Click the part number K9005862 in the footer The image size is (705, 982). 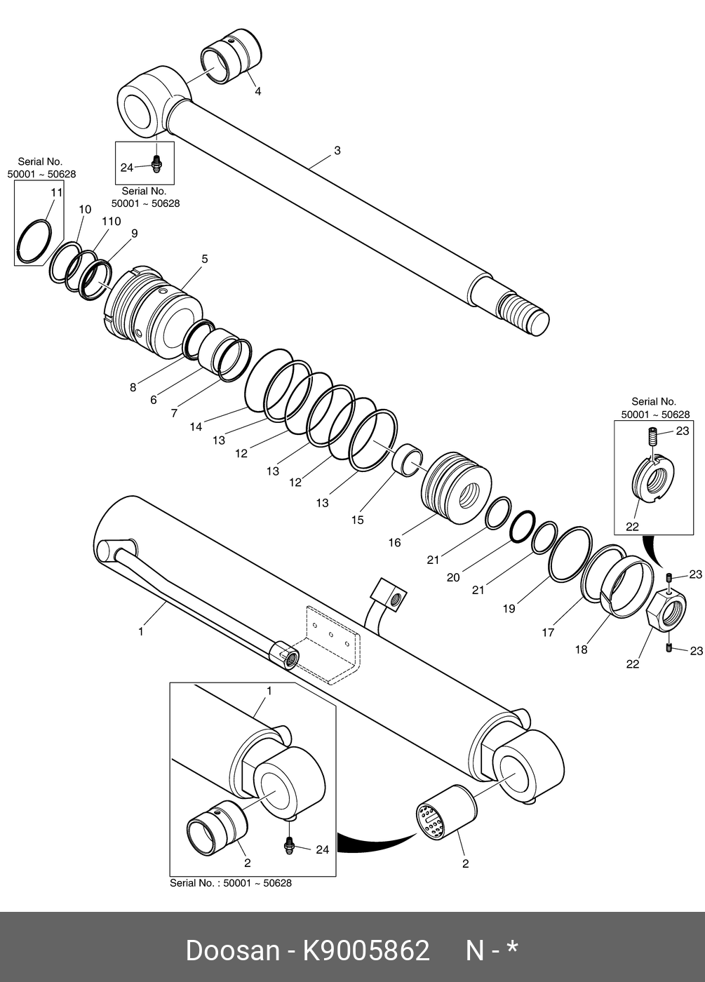tap(366, 951)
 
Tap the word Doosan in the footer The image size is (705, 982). tap(233, 951)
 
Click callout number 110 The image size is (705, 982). tap(112, 222)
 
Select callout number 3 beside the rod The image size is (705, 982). tap(337, 150)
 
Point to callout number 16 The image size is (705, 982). tap(394, 543)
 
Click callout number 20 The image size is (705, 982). tap(453, 578)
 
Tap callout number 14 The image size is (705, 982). tap(196, 426)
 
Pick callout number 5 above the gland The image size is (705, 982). tap(205, 259)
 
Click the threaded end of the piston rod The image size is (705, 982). tap(525, 314)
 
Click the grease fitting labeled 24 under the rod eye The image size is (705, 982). tap(156, 164)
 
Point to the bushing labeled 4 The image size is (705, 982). tap(231, 55)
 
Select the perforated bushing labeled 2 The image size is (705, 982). tap(445, 814)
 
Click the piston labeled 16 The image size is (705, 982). tap(456, 488)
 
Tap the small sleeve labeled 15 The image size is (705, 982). tap(408, 460)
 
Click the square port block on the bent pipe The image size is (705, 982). tap(389, 595)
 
